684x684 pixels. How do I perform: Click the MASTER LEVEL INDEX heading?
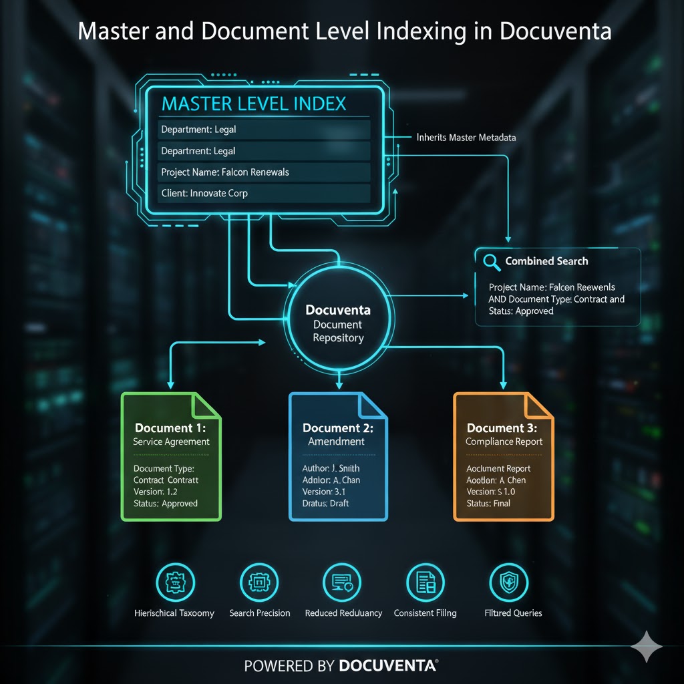(x=254, y=104)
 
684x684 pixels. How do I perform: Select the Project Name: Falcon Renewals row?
(x=225, y=172)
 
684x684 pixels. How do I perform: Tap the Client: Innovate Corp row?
(x=204, y=194)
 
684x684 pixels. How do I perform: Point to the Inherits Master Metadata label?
(x=466, y=138)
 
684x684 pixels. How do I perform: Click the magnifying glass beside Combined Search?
(x=492, y=262)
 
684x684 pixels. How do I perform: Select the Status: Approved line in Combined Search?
(x=521, y=311)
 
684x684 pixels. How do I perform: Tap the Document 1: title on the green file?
(x=170, y=428)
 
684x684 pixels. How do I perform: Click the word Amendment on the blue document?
(x=336, y=442)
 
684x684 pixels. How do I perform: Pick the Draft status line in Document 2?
(x=325, y=503)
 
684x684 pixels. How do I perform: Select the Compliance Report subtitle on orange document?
(x=504, y=442)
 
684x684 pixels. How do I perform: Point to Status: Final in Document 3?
(x=488, y=503)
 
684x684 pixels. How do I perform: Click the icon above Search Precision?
(x=259, y=582)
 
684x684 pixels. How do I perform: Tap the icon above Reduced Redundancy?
(x=342, y=582)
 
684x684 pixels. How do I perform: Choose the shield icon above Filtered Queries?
(x=509, y=582)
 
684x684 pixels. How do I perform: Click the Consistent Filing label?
(x=425, y=613)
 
